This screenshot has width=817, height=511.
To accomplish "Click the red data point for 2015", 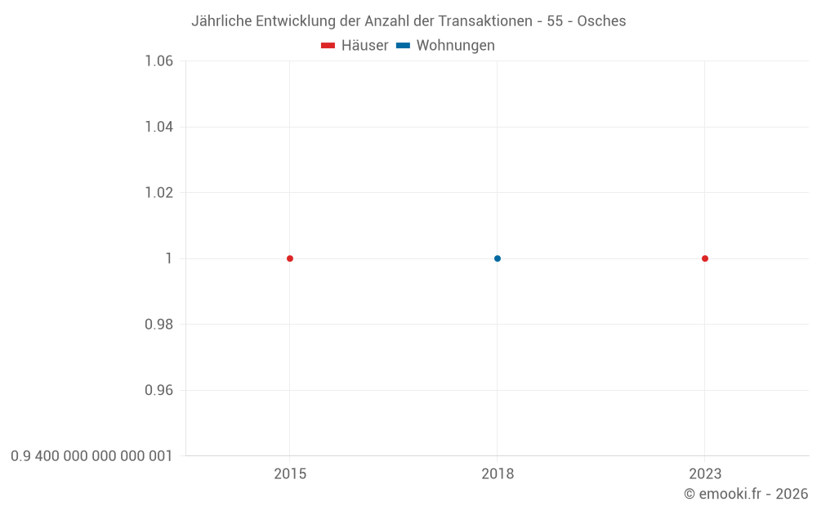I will (x=290, y=258).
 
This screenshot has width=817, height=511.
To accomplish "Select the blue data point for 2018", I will (x=498, y=258).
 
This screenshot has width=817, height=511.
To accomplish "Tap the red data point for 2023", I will (x=705, y=258).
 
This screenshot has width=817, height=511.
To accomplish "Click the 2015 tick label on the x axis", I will (x=290, y=474).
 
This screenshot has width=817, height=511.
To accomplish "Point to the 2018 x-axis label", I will (x=498, y=474).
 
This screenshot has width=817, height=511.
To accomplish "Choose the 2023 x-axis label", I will (x=705, y=474).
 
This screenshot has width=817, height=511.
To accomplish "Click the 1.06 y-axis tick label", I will (x=158, y=61).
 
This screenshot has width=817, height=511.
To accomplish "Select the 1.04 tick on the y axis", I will (x=158, y=127).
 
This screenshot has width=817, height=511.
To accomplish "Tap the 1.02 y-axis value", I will (x=158, y=193).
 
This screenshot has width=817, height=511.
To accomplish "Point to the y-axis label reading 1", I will (x=169, y=258).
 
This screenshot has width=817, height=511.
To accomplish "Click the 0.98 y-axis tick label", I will (x=158, y=325).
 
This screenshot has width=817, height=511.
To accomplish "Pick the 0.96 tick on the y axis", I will (x=158, y=390).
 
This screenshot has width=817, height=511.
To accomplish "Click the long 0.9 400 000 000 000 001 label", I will (x=92, y=456).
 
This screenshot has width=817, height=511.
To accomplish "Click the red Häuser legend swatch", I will (x=328, y=46).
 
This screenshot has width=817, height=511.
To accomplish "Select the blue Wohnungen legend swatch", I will (x=403, y=46).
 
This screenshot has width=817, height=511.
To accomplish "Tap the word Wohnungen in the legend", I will (x=455, y=46).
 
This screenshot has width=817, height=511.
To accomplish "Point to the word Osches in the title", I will (x=601, y=21).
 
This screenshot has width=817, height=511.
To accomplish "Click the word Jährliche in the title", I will (x=221, y=21).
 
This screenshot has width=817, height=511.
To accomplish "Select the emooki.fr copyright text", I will (x=746, y=494).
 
